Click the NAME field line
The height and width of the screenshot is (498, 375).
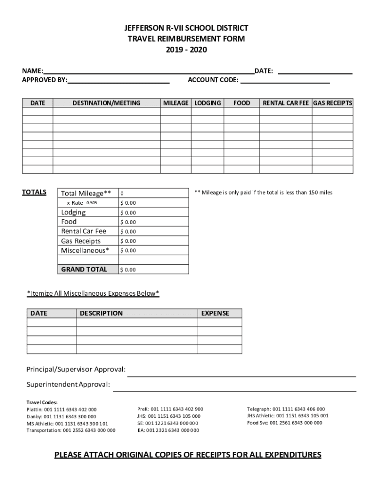149,71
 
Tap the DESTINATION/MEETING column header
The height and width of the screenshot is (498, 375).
106,103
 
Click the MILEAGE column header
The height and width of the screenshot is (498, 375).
176,103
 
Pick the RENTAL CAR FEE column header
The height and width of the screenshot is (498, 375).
286,103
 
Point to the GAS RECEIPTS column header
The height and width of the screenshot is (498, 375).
333,103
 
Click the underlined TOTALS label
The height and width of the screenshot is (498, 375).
34,192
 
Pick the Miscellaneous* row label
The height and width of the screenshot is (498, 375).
85,250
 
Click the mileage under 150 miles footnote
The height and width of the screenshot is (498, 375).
263,193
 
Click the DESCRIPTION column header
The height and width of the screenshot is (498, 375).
101,313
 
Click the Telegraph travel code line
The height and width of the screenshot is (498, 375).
285,409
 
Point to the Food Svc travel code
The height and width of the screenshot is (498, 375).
284,423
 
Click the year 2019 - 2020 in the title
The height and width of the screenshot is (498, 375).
187,50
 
